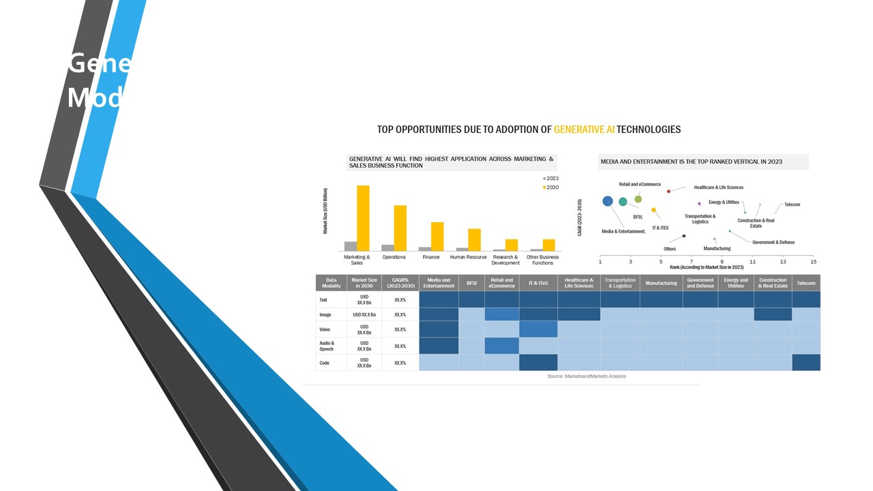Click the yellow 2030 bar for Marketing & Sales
coord(363,218)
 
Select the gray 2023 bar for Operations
coord(387,248)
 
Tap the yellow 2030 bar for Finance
coord(437,237)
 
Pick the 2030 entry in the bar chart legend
coord(550,188)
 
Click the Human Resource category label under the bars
coord(469,257)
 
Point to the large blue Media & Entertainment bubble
coord(608,201)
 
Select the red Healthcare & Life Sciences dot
coord(668,192)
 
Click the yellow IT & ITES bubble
coord(653,210)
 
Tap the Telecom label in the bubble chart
coord(792,205)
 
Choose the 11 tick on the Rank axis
coord(752,261)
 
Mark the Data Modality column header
coord(331,283)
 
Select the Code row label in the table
coord(325,363)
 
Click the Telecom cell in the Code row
coord(806,363)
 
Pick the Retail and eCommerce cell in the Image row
coord(502,314)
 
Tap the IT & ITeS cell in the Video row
coord(538,329)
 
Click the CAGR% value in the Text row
coord(400,299)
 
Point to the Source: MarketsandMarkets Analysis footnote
coord(587,376)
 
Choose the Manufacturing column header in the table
coord(661,283)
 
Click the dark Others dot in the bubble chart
coord(684,236)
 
